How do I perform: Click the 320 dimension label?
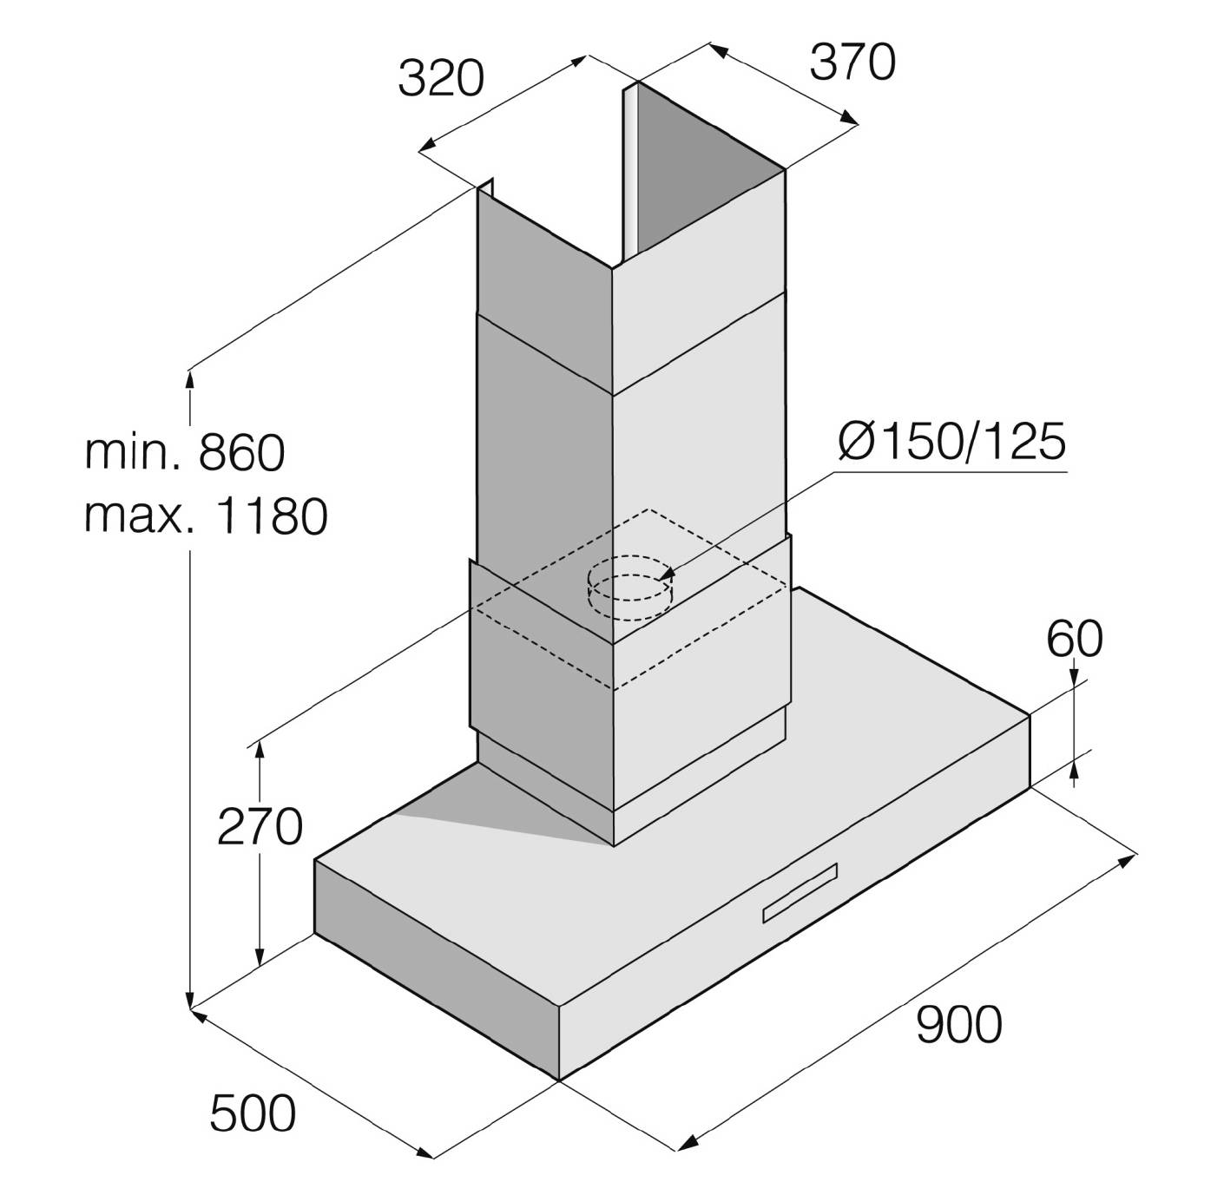441,79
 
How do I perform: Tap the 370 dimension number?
852,62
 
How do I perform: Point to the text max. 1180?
206,515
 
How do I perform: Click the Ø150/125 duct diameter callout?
951,441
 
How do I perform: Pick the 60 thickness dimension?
1075,639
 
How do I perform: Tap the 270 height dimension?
260,827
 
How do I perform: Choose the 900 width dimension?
958,1025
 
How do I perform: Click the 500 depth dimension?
253,1113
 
